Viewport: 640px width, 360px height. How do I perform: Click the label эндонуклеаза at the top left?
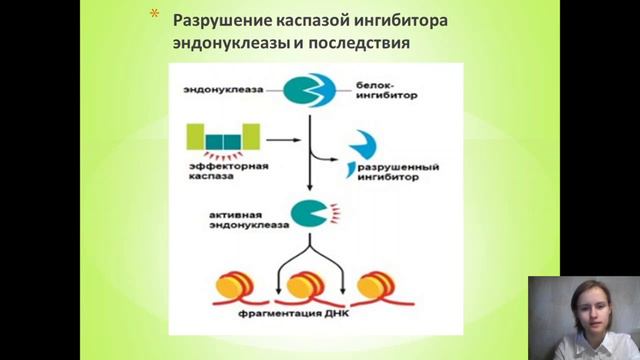(222, 89)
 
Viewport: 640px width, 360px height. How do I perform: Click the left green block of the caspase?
(195, 136)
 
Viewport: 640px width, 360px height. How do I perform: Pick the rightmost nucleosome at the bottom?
(369, 287)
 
